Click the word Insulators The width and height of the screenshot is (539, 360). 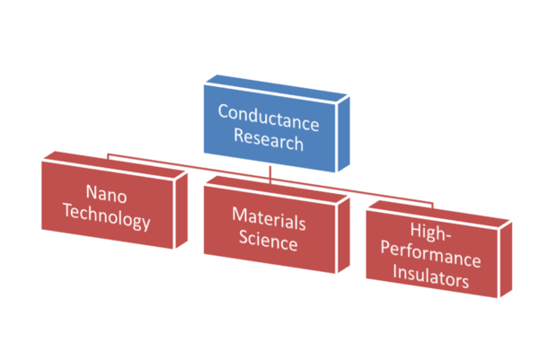pyautogui.click(x=436, y=281)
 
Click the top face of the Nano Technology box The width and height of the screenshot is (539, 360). pyautogui.click(x=108, y=159)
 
